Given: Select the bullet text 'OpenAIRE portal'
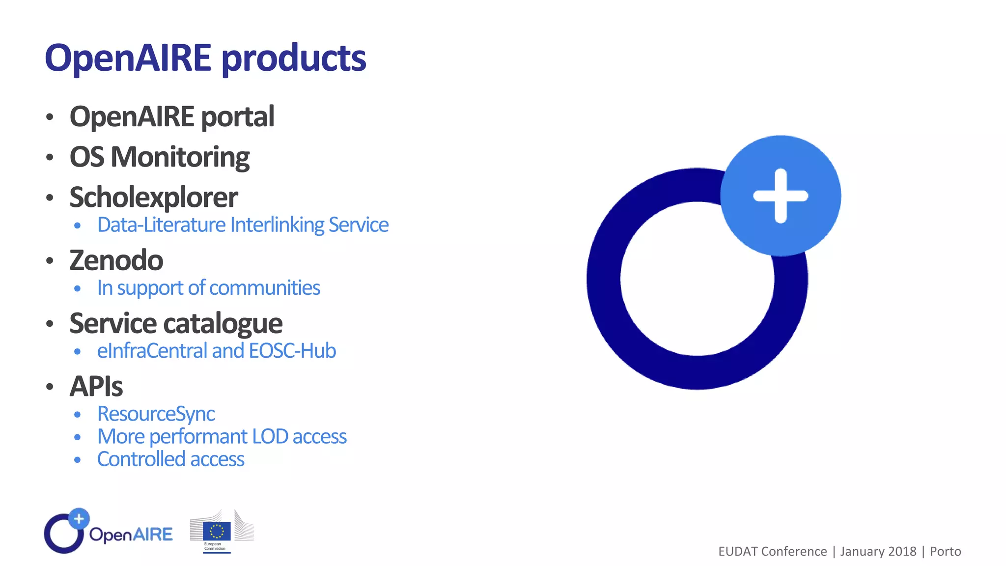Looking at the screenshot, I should coord(172,117).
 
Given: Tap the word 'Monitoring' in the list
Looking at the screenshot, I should coord(180,158).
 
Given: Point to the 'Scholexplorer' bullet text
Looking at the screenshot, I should coord(154,198).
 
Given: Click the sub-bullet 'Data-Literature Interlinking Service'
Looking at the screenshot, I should coord(243,225).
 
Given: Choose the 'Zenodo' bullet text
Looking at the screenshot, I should coord(116,260).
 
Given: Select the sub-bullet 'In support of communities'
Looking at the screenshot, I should coord(208,288).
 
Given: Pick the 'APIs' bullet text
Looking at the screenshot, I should coord(96,387).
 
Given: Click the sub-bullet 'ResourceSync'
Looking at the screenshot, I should coord(156,414).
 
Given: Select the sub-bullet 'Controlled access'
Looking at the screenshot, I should coord(170,459).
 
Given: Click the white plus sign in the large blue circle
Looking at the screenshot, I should coord(781,196).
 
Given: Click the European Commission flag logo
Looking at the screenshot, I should coord(217,531).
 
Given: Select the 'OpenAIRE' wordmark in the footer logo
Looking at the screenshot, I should coord(131,535).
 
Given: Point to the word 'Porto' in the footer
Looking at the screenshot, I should coord(945,551).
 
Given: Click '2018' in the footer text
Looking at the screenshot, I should coord(902,551).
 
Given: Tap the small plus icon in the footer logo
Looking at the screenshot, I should coord(79,518).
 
